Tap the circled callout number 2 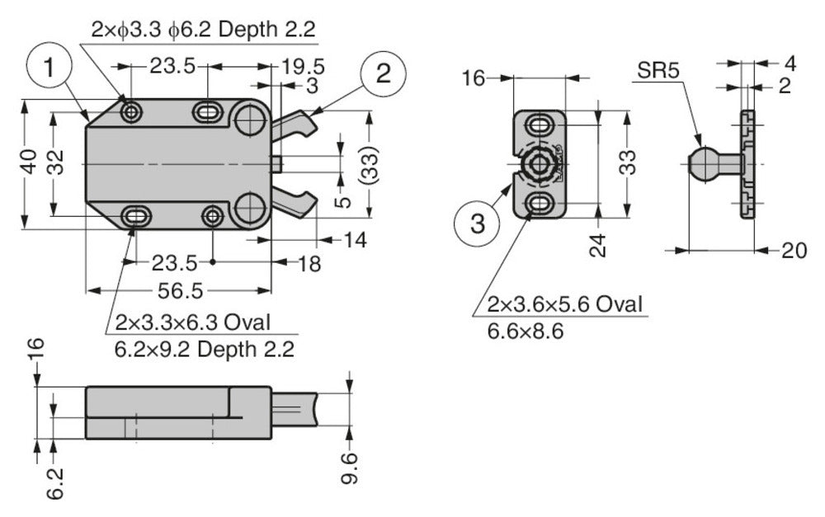point(382,74)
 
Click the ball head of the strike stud point(702,163)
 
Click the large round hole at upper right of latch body point(247,120)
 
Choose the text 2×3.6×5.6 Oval point(564,304)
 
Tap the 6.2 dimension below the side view point(55,482)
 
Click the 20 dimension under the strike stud point(794,251)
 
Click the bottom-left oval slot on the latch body point(136,217)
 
